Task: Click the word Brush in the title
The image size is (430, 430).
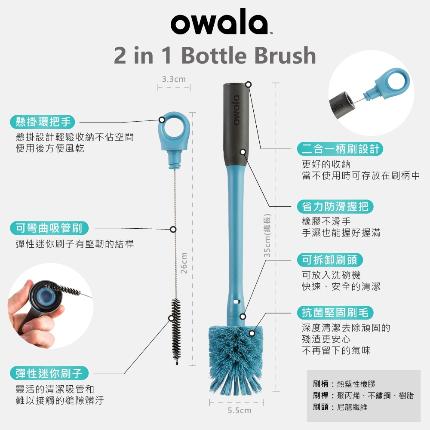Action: [x=285, y=55]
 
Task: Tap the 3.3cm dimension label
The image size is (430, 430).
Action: [x=174, y=79]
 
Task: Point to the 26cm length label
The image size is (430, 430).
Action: [x=184, y=263]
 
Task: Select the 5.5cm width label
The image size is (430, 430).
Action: [x=240, y=411]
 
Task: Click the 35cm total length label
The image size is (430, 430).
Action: [x=267, y=236]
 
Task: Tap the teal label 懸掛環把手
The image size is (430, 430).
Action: [x=43, y=122]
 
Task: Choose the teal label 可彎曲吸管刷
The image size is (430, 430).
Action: [x=49, y=228]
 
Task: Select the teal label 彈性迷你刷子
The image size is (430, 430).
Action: [x=49, y=373]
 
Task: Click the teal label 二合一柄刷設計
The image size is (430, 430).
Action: [x=340, y=149]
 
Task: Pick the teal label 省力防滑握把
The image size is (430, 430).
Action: [x=335, y=206]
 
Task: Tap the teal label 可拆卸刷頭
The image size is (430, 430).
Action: [x=330, y=260]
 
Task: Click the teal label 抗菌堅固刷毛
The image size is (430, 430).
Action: [x=335, y=313]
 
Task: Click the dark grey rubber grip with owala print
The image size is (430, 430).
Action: [x=236, y=124]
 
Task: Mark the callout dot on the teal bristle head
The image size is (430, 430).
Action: [x=252, y=334]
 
